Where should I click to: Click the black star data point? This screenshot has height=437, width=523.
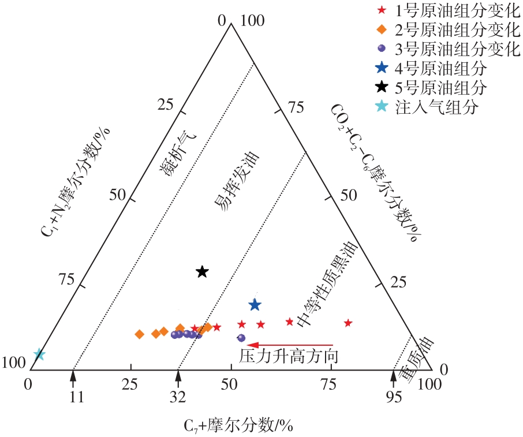coord(202,272)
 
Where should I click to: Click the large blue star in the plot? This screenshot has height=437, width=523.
coord(255,304)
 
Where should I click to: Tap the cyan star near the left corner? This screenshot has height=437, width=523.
coord(39,354)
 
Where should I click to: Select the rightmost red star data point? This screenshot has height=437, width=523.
coord(348,323)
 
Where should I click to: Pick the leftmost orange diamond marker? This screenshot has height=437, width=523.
coord(139,334)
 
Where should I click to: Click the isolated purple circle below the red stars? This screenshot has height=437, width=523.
coord(241,338)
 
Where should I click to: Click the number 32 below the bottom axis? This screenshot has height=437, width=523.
coord(178,397)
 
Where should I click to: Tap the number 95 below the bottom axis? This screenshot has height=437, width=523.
coord(393,397)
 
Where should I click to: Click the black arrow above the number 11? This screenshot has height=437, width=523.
coord(73,377)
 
